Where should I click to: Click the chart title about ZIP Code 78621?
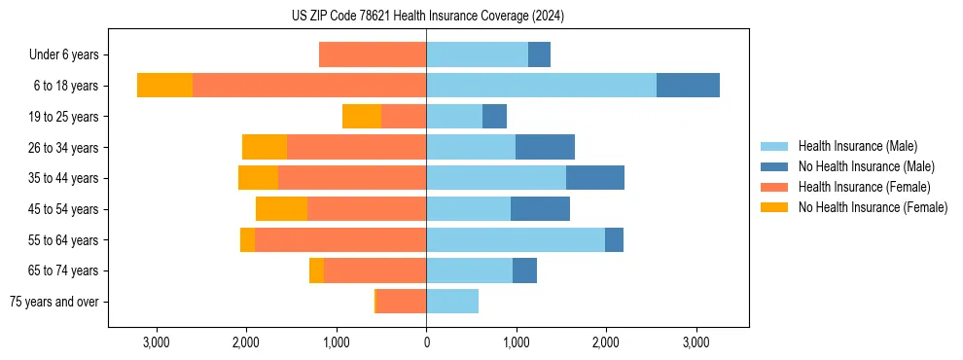pos(427,17)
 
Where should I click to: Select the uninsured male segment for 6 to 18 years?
pos(688,86)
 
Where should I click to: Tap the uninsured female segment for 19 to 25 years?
pos(362,117)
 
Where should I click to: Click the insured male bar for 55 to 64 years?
pos(516,240)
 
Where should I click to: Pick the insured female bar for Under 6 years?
pos(373,55)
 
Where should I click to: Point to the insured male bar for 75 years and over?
pos(452,302)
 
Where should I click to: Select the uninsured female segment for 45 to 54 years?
pos(282,209)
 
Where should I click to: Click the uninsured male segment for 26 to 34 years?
pos(545,148)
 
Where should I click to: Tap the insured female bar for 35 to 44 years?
pos(352,178)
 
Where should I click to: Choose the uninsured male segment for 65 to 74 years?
pos(524,270)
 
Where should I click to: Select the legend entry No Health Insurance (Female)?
pos(873,207)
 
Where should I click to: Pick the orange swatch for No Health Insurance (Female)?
pos(774,207)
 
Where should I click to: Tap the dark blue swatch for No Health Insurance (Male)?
pos(774,166)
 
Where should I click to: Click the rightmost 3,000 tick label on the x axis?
pos(695,343)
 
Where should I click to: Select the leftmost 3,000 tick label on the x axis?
pos(157,343)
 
